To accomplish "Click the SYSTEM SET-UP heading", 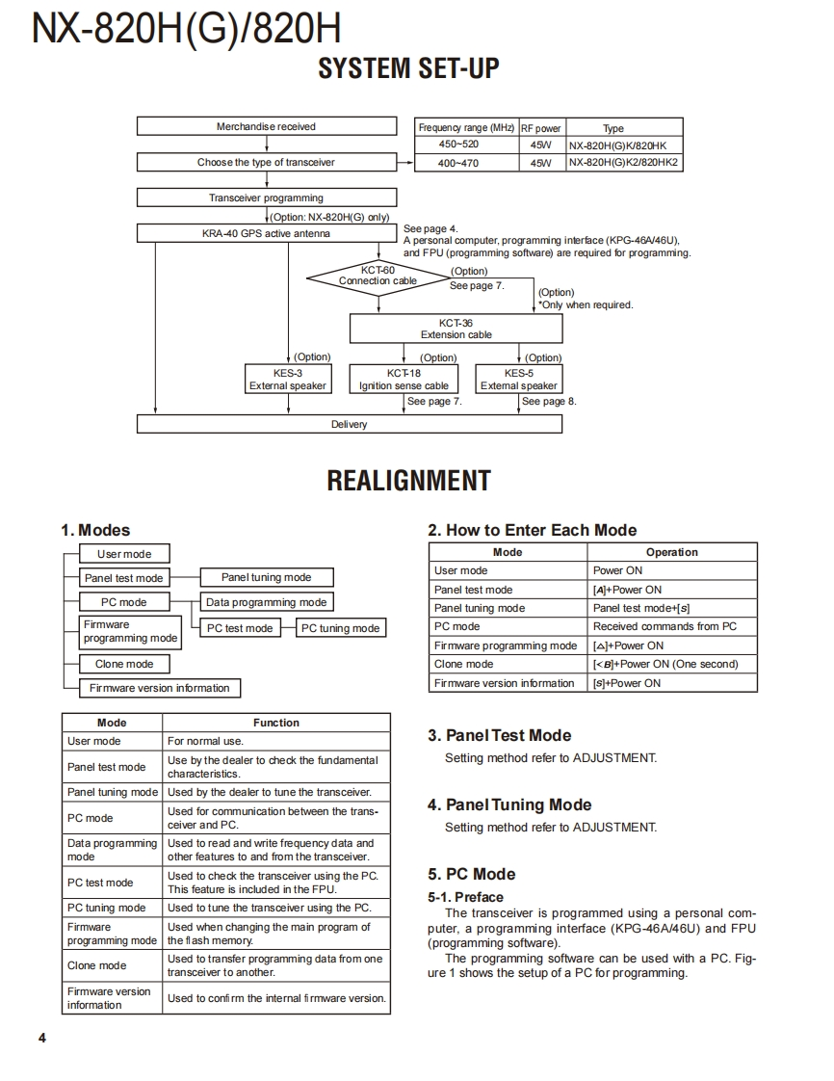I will click(x=408, y=69).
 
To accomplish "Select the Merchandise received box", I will click(x=266, y=126).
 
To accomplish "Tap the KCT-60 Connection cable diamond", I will click(x=378, y=276).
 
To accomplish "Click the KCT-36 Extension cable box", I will click(x=456, y=329).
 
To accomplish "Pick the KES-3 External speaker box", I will click(x=288, y=379).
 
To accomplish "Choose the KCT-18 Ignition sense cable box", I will click(x=404, y=379).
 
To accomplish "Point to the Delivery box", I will click(x=349, y=424).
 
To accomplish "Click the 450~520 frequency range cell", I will click(x=458, y=145).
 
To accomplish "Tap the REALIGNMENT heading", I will click(x=408, y=481).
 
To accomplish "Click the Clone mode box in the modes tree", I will click(x=124, y=664).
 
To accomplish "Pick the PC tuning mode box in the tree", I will click(x=340, y=628).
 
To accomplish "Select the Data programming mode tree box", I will click(x=267, y=602).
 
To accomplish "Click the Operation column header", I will click(x=671, y=552).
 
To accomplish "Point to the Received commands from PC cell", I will click(x=665, y=626).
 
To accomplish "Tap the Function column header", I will click(x=276, y=723).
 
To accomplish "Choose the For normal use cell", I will click(x=205, y=741).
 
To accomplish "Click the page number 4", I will click(x=41, y=1038).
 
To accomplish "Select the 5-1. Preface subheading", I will click(x=466, y=897).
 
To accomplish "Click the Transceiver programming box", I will click(x=266, y=198).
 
